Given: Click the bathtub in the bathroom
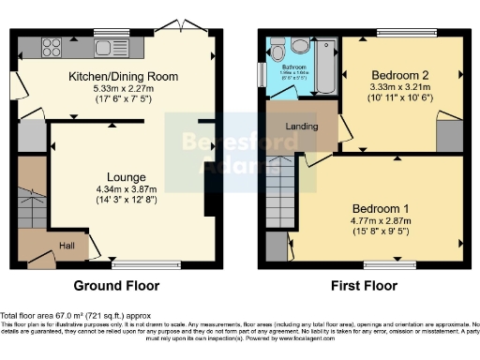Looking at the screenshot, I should [323, 66].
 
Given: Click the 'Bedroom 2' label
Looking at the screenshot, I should [401, 76].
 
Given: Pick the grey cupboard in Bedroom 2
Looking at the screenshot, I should [450, 133].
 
